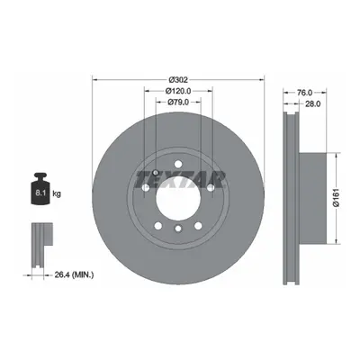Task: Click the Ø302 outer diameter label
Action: coord(178,80)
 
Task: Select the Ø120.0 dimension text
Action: coord(178,91)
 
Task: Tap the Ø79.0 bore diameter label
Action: coord(178,102)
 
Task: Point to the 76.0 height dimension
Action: coord(305,93)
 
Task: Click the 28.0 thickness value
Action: coord(313,103)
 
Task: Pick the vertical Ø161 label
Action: coord(336,197)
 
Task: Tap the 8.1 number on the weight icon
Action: coord(40,193)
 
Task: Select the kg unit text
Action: coord(57,193)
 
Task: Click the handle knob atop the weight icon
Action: coord(40,175)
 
